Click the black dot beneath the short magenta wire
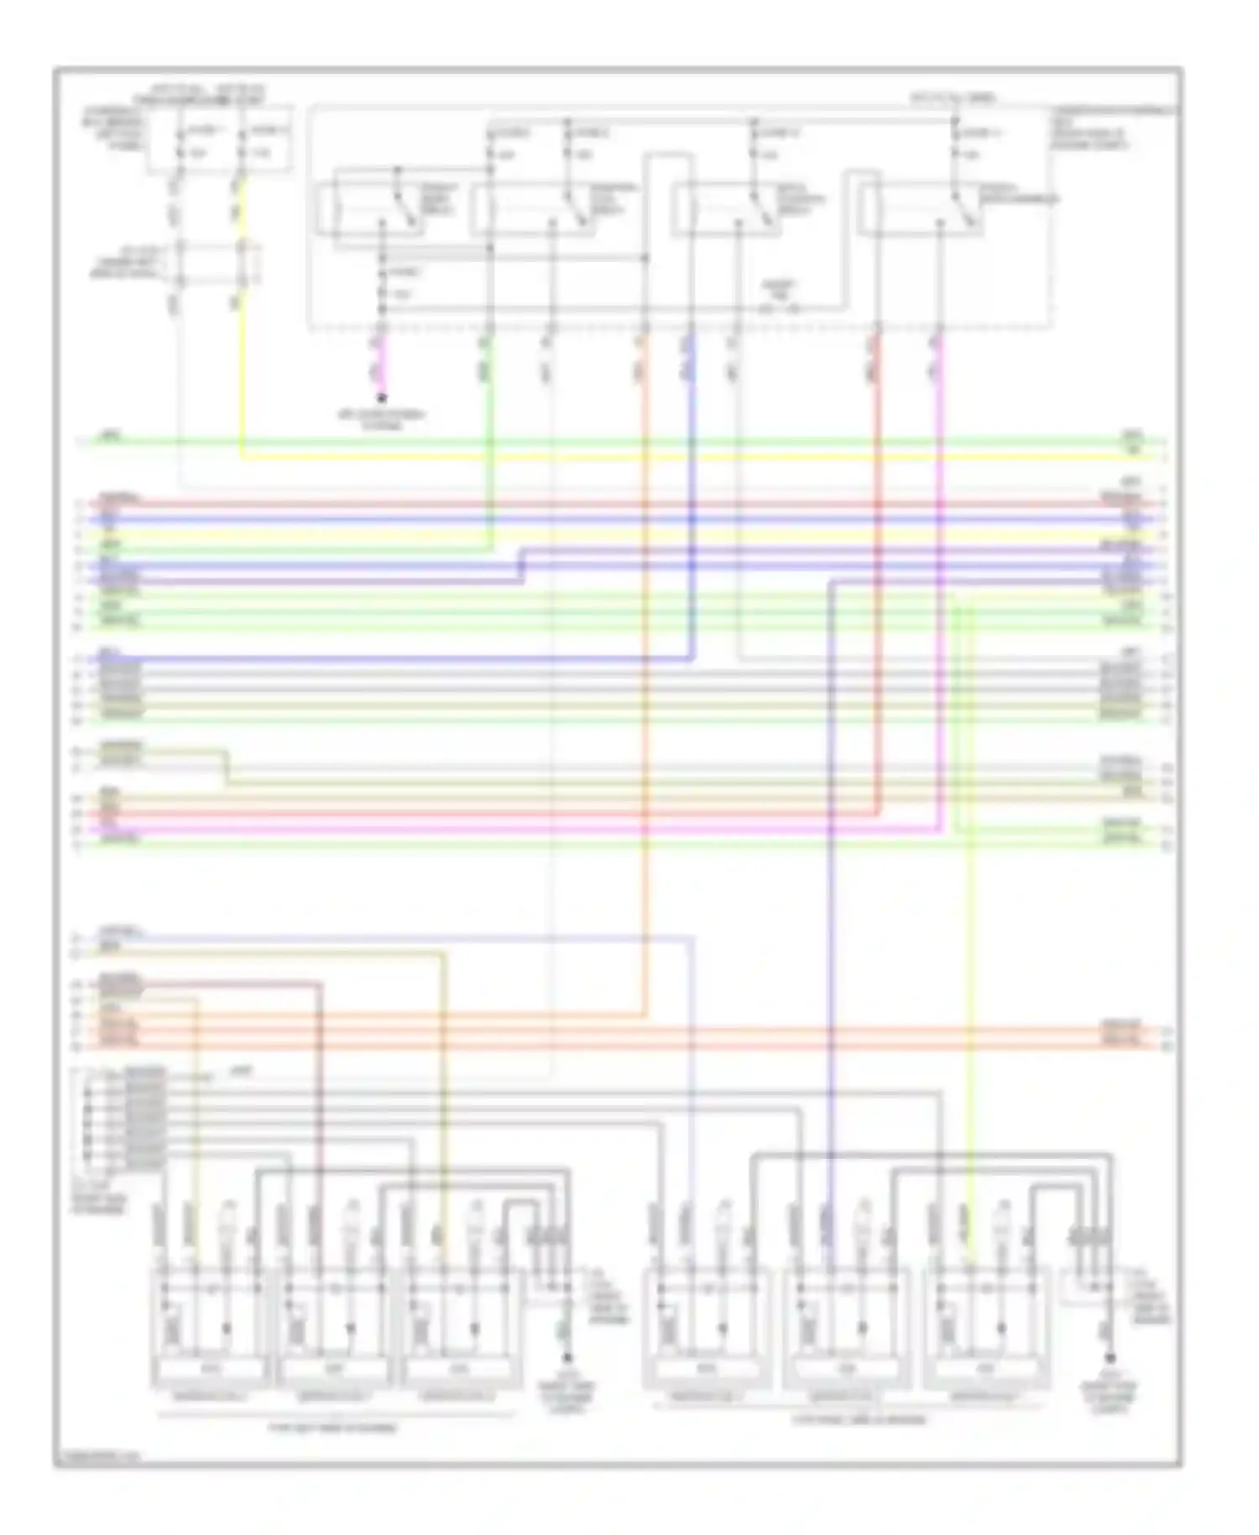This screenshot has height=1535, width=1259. click(381, 398)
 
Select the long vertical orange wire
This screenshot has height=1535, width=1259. click(645, 672)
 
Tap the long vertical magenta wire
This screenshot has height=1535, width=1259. click(938, 588)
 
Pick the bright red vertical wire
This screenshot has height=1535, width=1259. click(877, 588)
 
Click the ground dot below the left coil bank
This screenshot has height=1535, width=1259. click(567, 1358)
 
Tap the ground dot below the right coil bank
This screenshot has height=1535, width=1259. click(1110, 1358)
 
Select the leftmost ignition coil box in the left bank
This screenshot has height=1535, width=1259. click(210, 1327)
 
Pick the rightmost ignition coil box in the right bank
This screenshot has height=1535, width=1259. click(986, 1327)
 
